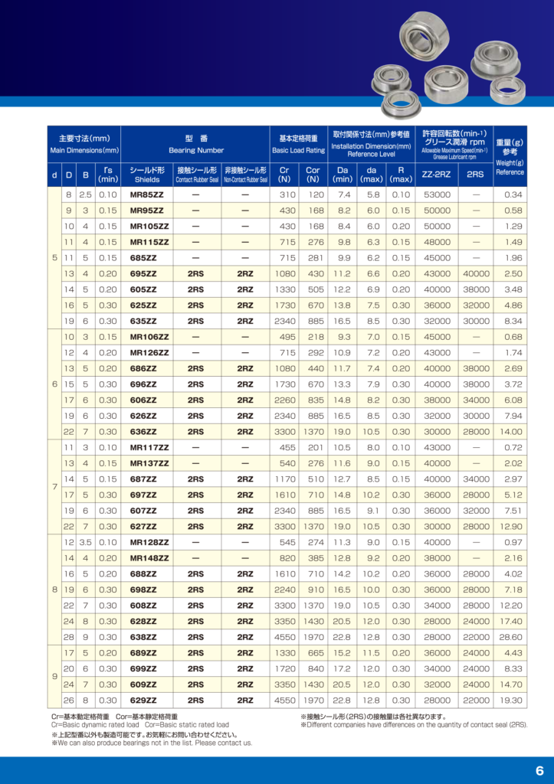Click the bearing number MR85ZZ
(x=146, y=195)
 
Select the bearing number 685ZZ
(x=143, y=258)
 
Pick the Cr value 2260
(x=284, y=400)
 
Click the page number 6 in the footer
(x=539, y=770)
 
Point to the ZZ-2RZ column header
(x=436, y=175)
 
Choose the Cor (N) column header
(x=313, y=175)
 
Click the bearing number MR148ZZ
(x=149, y=558)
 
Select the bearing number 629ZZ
(x=143, y=700)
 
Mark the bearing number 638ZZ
(x=143, y=637)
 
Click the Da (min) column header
(x=343, y=175)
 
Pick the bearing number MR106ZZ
(x=149, y=338)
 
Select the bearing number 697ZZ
(x=143, y=495)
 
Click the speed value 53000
(x=437, y=195)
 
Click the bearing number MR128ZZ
(x=149, y=543)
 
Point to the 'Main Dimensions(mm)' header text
(x=84, y=151)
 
